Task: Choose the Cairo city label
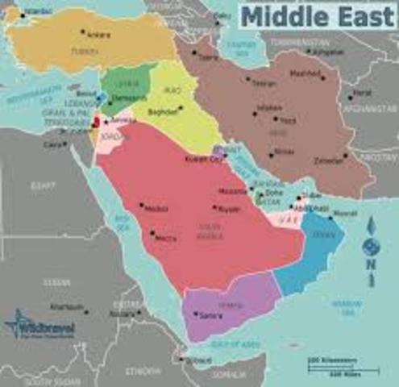click(x=54, y=144)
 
